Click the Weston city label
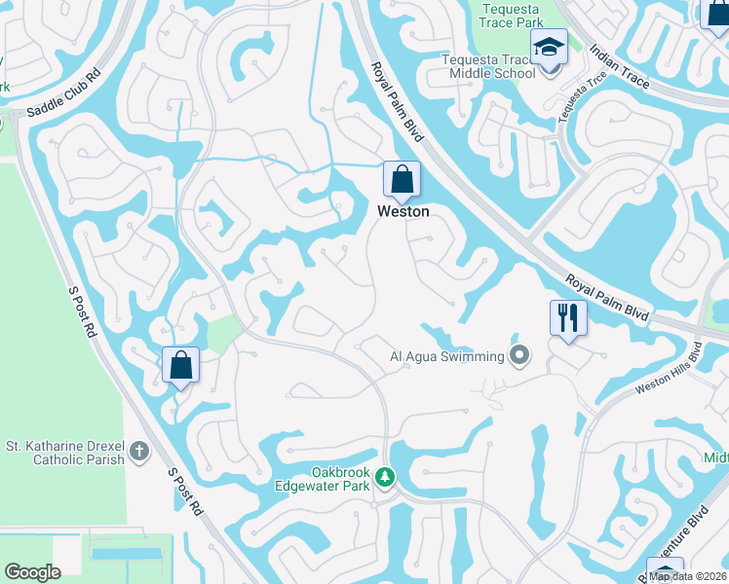(x=403, y=211)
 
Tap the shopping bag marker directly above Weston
(x=402, y=180)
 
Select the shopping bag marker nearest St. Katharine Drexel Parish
(x=180, y=366)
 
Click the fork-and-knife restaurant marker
(x=566, y=316)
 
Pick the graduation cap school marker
(x=549, y=47)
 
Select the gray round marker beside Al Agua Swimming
(x=519, y=356)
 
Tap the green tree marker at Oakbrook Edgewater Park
(x=386, y=477)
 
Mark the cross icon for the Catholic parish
(x=139, y=451)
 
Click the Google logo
(x=33, y=572)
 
